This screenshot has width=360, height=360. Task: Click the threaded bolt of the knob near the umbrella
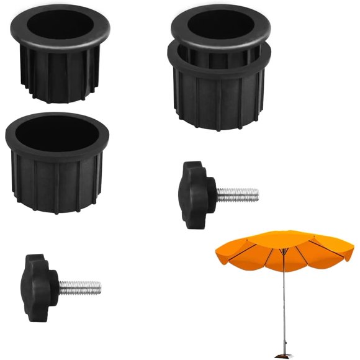(237, 194)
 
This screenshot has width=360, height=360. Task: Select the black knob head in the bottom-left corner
(39, 279)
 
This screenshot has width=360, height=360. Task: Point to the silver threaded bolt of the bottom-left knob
(79, 288)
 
